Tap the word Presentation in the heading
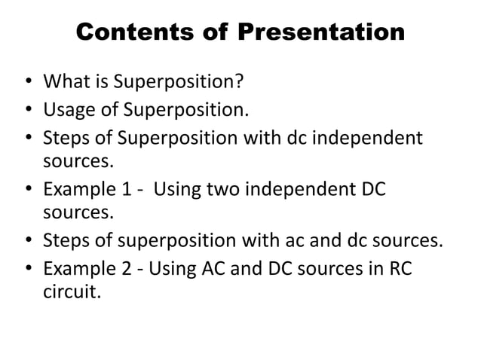(320, 34)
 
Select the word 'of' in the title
(215, 34)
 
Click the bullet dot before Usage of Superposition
(28, 112)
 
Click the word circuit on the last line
(71, 290)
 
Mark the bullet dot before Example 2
(28, 269)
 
